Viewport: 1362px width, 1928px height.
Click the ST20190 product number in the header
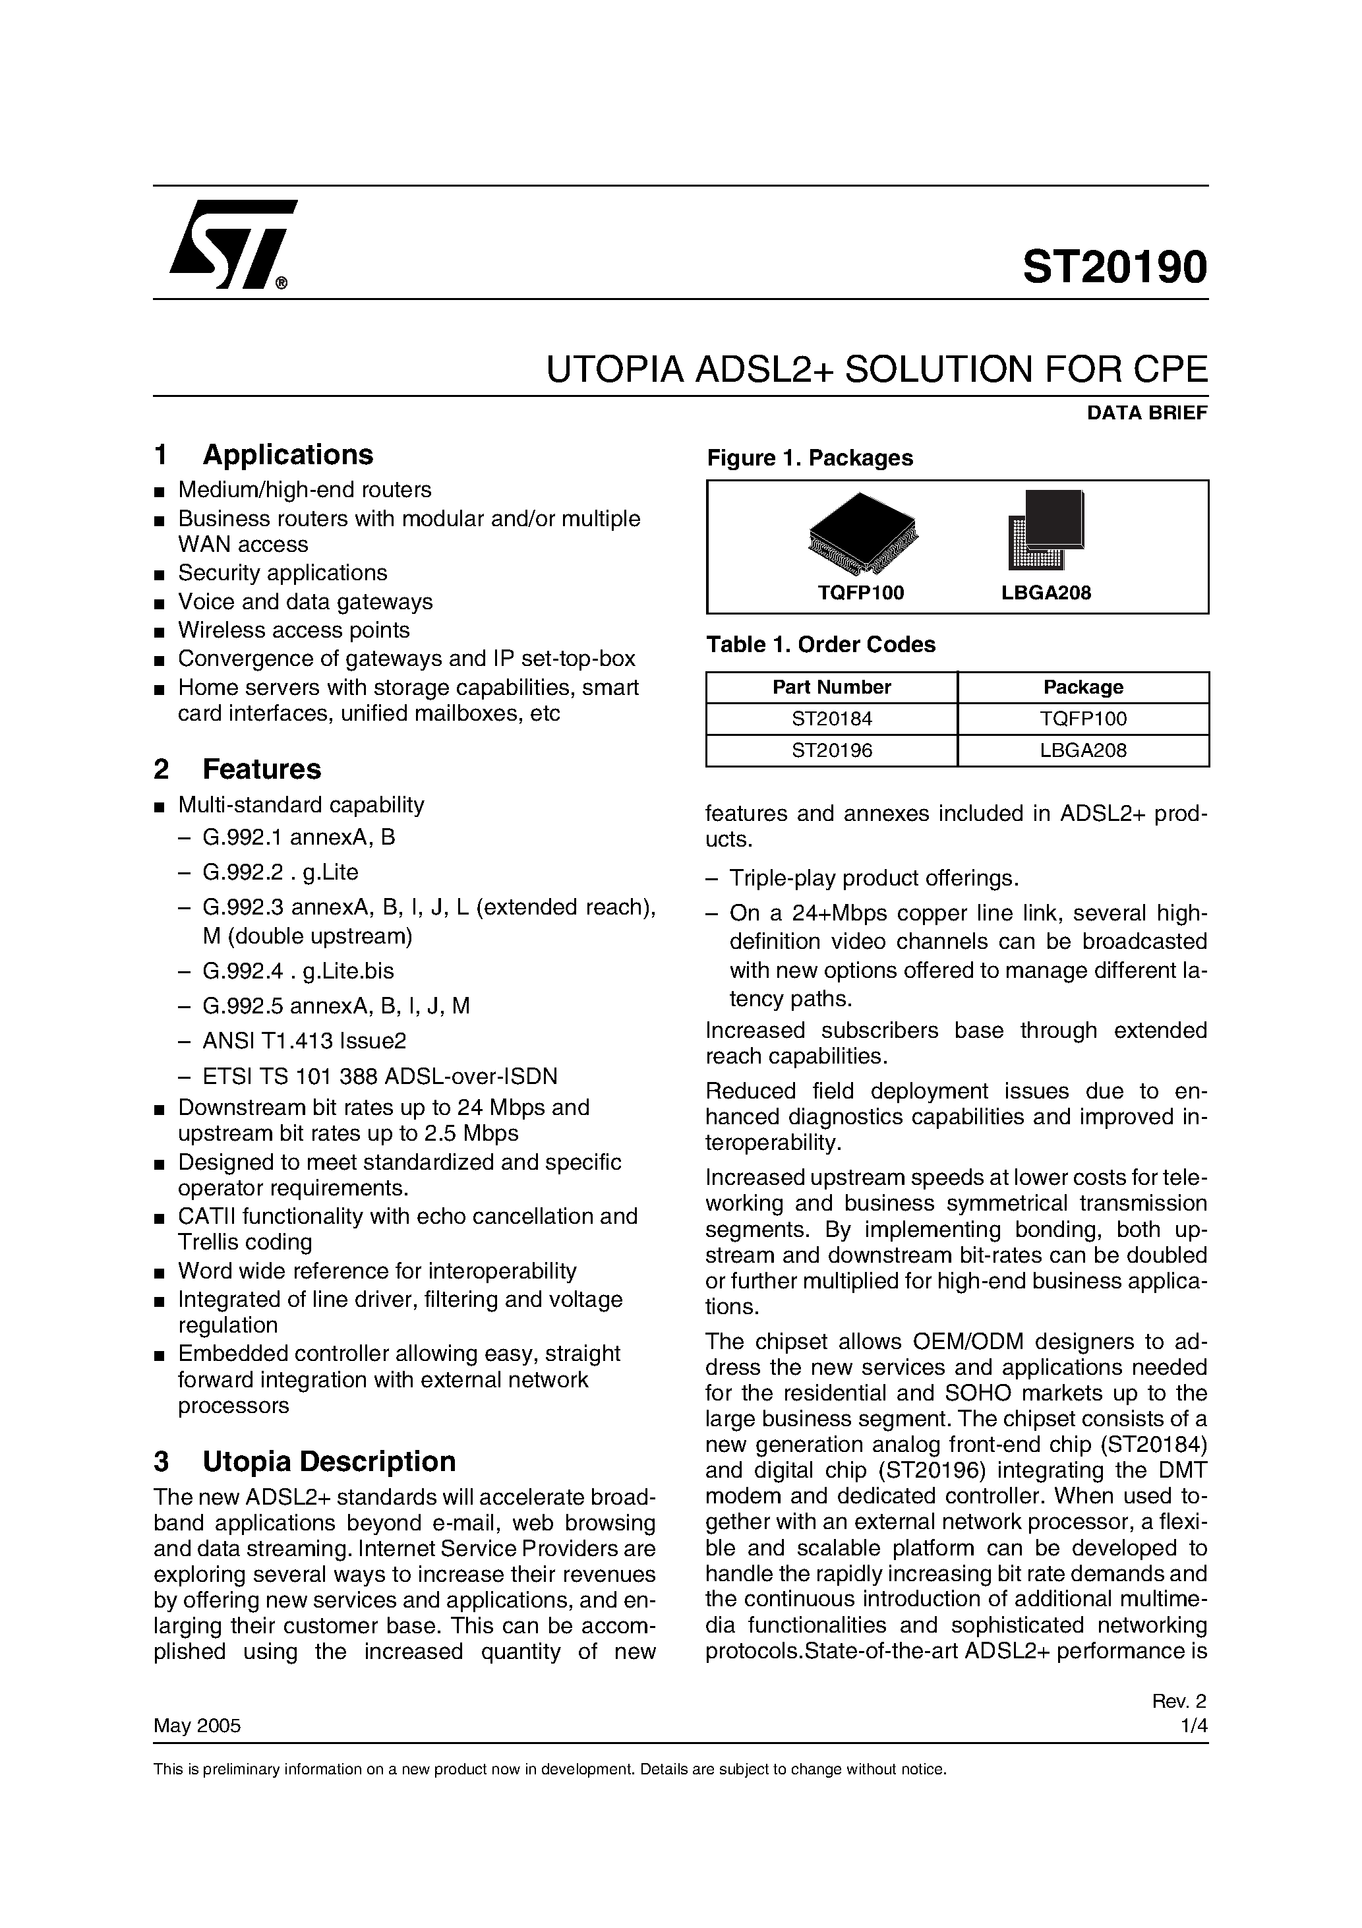1114,268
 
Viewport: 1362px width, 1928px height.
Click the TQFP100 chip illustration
862,534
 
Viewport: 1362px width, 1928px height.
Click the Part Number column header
831,687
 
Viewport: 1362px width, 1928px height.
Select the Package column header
1082,687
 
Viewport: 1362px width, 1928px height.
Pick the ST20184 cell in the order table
831,719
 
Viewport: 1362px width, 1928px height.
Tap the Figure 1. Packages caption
810,458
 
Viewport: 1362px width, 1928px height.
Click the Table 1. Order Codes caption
820,644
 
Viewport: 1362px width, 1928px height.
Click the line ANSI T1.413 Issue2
304,1041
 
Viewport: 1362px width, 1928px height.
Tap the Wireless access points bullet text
294,630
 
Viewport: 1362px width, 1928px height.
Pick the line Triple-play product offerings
873,878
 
